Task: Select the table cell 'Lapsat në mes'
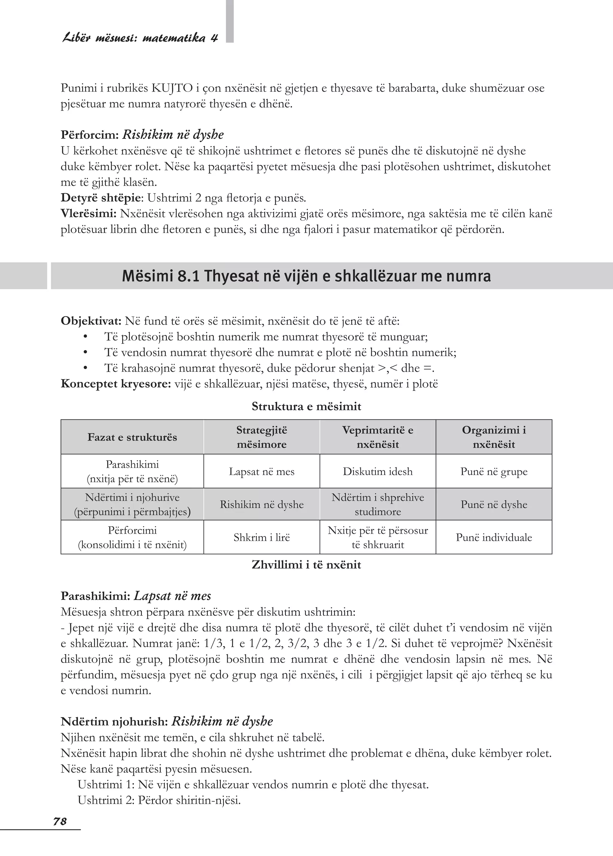pyautogui.click(x=261, y=471)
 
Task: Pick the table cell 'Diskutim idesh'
pyautogui.click(x=378, y=471)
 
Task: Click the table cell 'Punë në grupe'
pyautogui.click(x=494, y=471)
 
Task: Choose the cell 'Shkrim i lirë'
pyautogui.click(x=261, y=537)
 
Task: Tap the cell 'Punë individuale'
pyautogui.click(x=494, y=537)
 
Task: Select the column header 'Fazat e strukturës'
pyautogui.click(x=132, y=437)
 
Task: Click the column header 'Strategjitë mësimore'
pyautogui.click(x=261, y=437)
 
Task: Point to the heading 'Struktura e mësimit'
pyautogui.click(x=306, y=406)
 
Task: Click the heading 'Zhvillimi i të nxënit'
pyautogui.click(x=306, y=565)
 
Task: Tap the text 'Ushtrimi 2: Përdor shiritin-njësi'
pyautogui.click(x=159, y=800)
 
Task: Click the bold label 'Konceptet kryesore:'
pyautogui.click(x=116, y=384)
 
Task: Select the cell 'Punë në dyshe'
pyautogui.click(x=494, y=505)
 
